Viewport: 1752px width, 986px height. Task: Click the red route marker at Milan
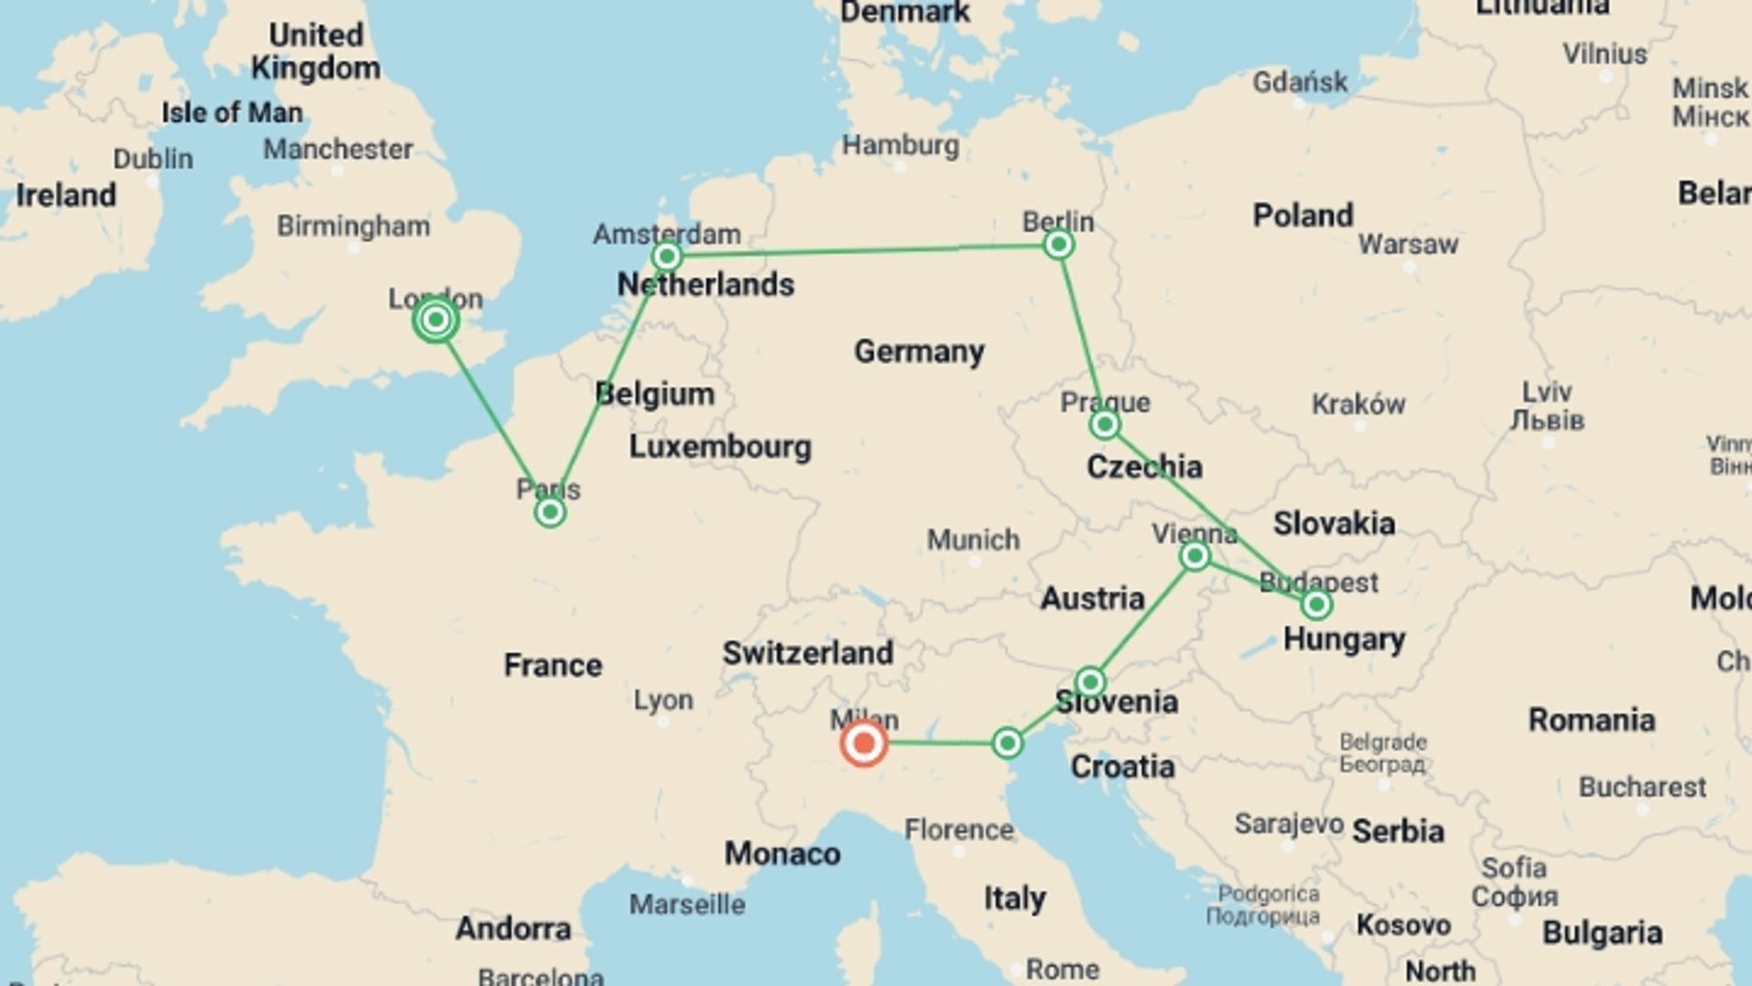(863, 743)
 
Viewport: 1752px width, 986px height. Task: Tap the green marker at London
(436, 320)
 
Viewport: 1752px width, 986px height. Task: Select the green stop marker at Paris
(549, 512)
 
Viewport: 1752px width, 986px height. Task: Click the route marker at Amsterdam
(667, 256)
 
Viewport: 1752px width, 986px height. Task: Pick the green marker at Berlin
(1058, 244)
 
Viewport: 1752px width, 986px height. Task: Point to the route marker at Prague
(1104, 424)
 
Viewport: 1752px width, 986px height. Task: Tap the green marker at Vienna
(1194, 555)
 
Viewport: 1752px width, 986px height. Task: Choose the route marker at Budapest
(1316, 603)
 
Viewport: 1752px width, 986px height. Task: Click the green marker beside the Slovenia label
(1090, 681)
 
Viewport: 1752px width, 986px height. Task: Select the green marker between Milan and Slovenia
(1007, 743)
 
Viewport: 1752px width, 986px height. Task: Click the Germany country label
(919, 351)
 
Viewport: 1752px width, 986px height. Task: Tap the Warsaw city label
(1408, 244)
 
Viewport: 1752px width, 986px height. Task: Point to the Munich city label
(973, 540)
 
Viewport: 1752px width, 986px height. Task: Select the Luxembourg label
(720, 446)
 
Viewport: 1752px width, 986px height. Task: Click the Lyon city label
(663, 700)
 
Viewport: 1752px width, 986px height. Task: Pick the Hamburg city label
(900, 145)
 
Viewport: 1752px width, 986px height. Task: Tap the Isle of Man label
(232, 112)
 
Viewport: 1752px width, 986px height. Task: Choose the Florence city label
(959, 829)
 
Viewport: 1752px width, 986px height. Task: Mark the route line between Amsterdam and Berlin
(862, 249)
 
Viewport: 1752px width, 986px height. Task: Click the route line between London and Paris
(493, 416)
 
